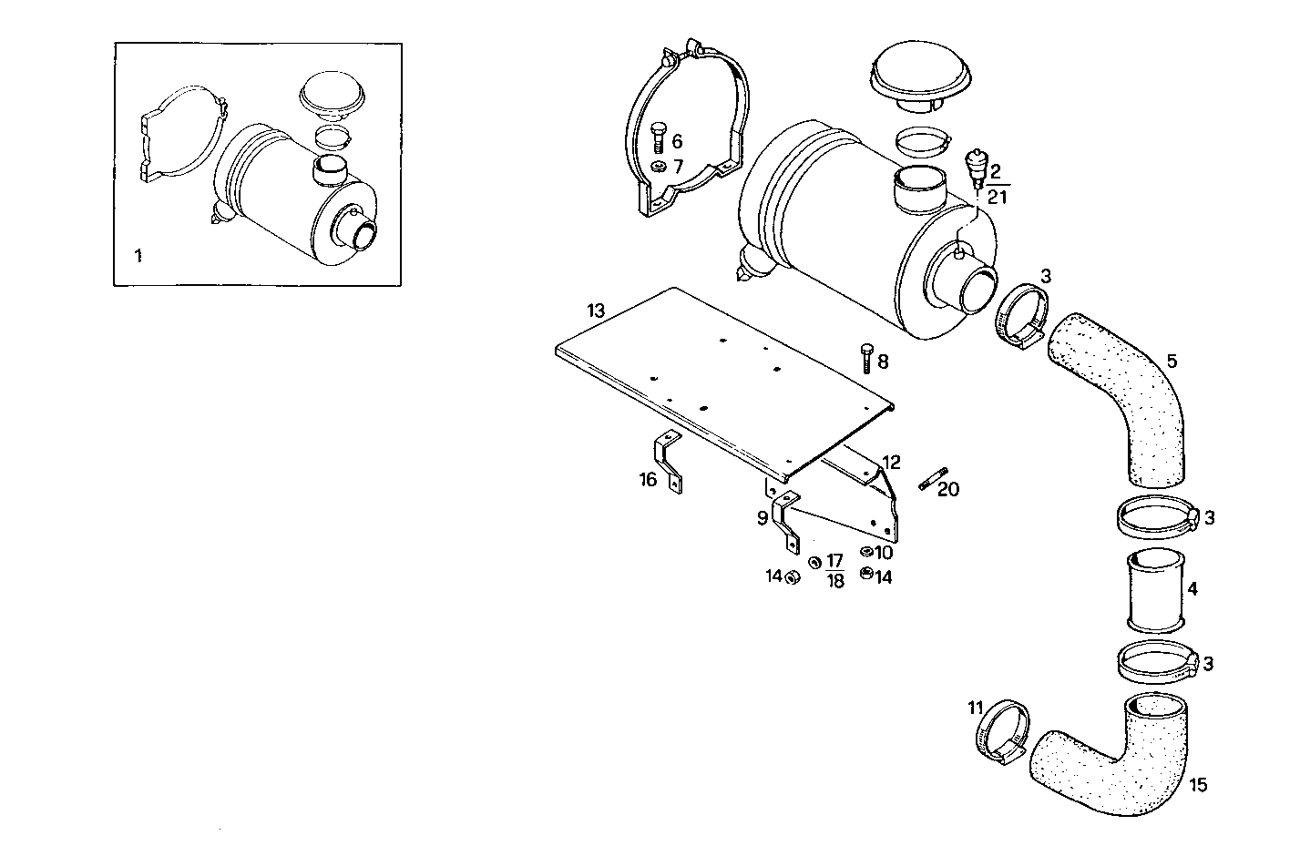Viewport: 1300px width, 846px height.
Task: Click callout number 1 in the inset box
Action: [138, 256]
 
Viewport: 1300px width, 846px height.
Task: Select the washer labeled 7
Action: [657, 167]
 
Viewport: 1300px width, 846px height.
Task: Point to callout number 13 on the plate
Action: [596, 311]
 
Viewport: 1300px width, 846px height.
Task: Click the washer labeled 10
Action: [866, 552]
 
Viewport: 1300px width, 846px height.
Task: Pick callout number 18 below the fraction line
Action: [834, 582]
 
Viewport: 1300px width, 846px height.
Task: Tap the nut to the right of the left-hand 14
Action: [793, 576]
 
